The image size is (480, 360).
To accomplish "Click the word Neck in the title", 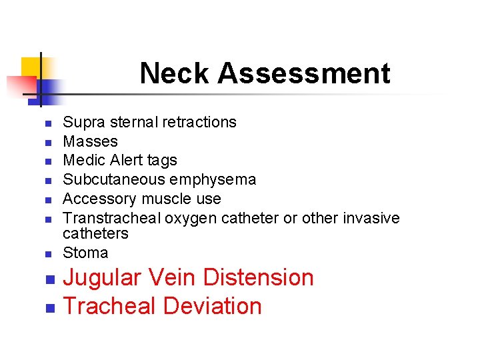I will point(175,73).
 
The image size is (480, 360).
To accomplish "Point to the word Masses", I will point(90,141).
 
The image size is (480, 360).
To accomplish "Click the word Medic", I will point(81,160).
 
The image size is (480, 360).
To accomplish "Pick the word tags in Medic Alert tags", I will point(164,161).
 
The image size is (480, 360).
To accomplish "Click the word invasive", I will point(371,218).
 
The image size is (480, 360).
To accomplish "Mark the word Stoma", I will point(85,253).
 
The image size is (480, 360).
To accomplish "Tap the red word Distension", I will point(259,277).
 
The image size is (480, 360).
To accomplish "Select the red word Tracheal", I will point(109,306).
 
